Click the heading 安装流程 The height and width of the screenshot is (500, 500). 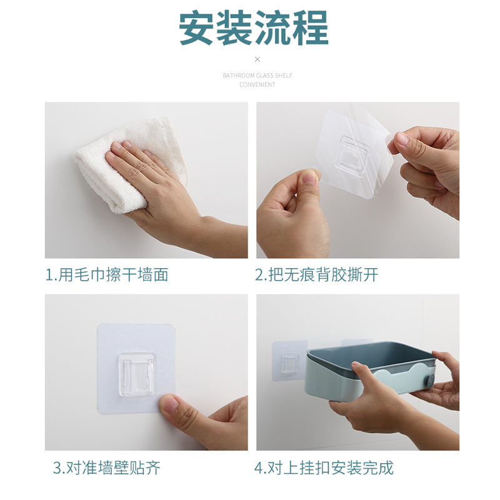click(254, 28)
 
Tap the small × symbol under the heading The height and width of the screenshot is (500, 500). click(257, 59)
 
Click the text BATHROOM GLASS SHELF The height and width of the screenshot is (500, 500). click(257, 76)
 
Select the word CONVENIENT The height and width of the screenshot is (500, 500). click(257, 85)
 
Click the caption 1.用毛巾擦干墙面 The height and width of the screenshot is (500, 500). click(107, 275)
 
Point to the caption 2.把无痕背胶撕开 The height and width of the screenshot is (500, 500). click(317, 275)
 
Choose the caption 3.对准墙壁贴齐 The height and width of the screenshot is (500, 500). click(107, 468)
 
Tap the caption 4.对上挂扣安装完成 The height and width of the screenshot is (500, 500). click(324, 468)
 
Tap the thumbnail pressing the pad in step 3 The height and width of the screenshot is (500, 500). click(169, 404)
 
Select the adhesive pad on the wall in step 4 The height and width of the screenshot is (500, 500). click(289, 361)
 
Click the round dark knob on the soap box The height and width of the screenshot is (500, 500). click(429, 381)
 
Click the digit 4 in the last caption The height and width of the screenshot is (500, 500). click(259, 468)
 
